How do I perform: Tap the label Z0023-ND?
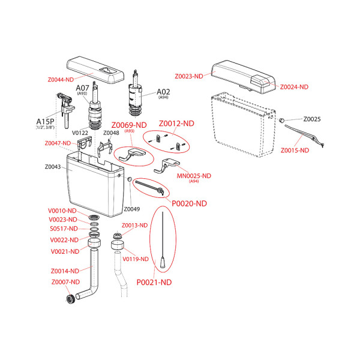188,76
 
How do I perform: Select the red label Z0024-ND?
294,87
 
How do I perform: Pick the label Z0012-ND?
176,123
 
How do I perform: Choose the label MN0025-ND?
194,175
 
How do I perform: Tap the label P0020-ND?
190,203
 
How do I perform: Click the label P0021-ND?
154,282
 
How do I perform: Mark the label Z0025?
312,119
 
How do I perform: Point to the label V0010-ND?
62,211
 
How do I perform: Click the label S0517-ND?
64,229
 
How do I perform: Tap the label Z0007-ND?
65,281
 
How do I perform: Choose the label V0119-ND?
135,259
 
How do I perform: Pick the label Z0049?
131,209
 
